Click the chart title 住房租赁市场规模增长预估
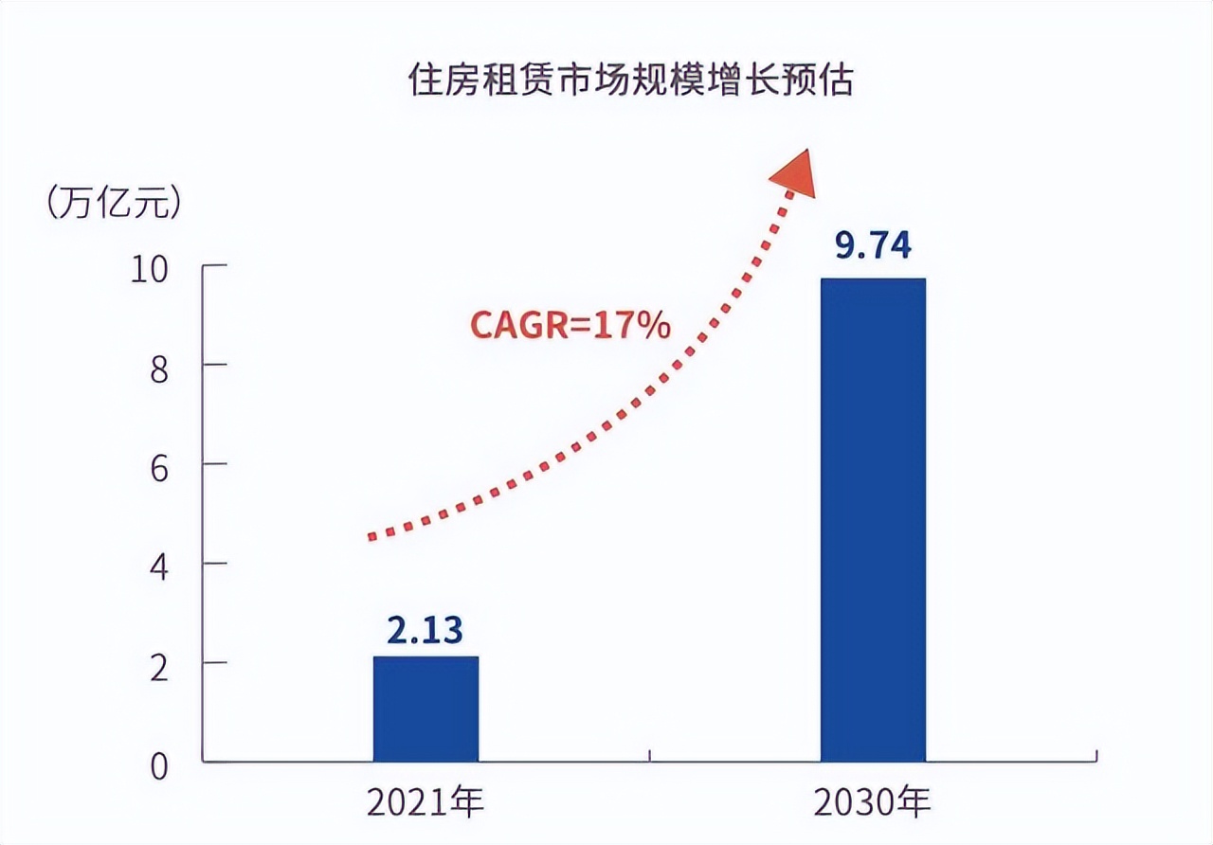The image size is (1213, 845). pyautogui.click(x=630, y=81)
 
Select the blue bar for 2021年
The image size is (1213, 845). pyautogui.click(x=425, y=709)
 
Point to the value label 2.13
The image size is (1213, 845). pyautogui.click(x=425, y=630)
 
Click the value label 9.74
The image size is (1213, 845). pyautogui.click(x=872, y=245)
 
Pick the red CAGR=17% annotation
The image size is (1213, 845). pyautogui.click(x=570, y=326)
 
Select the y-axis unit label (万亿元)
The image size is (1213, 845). pyautogui.click(x=112, y=204)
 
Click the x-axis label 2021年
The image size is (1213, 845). pyautogui.click(x=425, y=803)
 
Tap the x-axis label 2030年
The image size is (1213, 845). pyautogui.click(x=872, y=803)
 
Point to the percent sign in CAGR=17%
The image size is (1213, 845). pyautogui.click(x=654, y=326)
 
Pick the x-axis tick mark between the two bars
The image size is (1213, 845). pyautogui.click(x=649, y=756)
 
